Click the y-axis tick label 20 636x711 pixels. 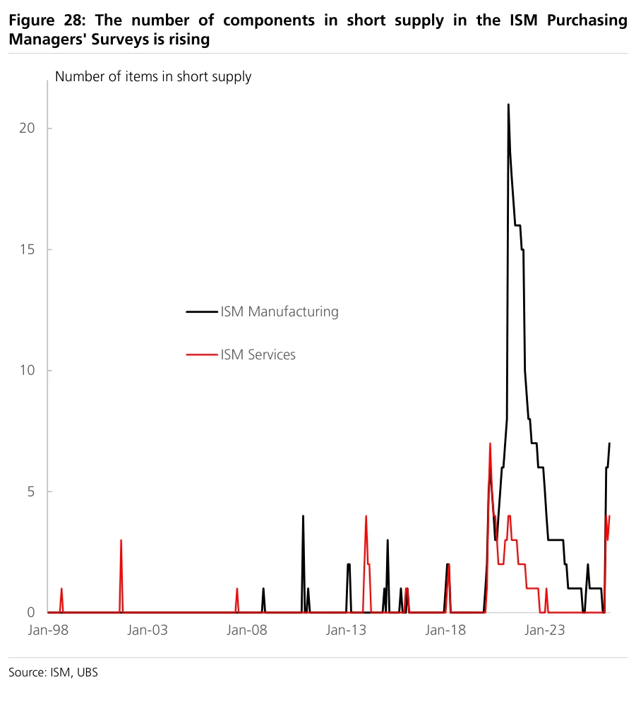[x=27, y=128]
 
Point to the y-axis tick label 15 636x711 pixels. [x=27, y=249]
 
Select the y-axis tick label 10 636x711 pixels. [x=27, y=370]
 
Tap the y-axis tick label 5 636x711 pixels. [x=31, y=491]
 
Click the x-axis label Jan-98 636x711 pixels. [x=48, y=630]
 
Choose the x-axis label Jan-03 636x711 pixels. [x=148, y=630]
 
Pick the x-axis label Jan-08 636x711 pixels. [x=246, y=630]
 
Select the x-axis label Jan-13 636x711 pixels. [x=346, y=630]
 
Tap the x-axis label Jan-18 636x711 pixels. [x=445, y=630]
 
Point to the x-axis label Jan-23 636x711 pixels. [x=544, y=630]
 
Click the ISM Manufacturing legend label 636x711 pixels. [x=280, y=311]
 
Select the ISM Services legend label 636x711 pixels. [x=258, y=354]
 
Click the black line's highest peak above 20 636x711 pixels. [x=508, y=104]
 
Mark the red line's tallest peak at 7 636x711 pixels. [x=490, y=443]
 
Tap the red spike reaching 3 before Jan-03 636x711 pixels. [x=121, y=540]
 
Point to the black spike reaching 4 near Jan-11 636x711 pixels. [x=303, y=516]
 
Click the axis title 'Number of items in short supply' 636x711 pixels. [x=153, y=77]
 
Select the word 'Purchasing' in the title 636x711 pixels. [x=587, y=20]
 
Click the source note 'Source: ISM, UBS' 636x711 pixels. [x=53, y=672]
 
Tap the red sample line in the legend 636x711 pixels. [x=202, y=354]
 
